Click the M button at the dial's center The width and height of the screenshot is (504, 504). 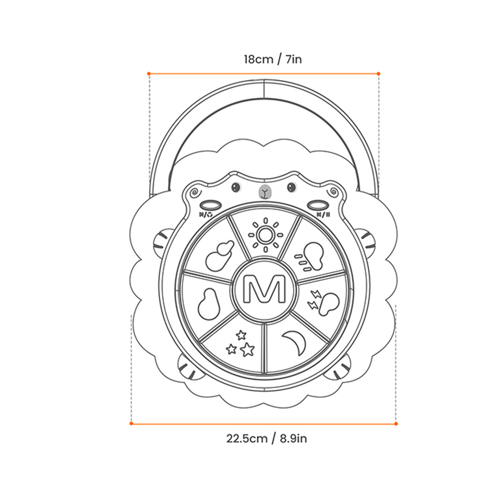[x=264, y=289]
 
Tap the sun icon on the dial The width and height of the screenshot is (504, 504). [x=265, y=235]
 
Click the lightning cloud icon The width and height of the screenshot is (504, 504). [x=324, y=302]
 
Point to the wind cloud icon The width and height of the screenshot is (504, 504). [x=309, y=257]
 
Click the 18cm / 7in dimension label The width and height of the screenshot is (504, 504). [x=273, y=59]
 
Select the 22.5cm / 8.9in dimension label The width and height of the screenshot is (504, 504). [x=266, y=438]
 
